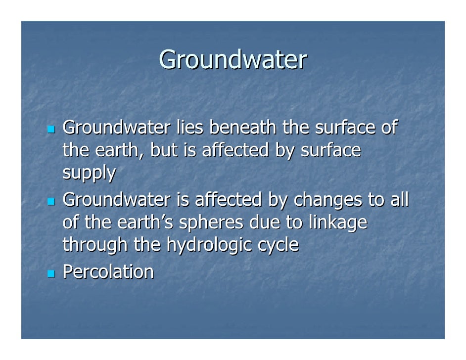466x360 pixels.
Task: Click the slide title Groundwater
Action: click(x=233, y=60)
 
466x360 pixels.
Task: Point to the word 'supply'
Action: click(x=89, y=174)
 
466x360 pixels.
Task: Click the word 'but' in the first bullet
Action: click(x=163, y=151)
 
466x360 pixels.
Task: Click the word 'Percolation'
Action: click(x=107, y=271)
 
